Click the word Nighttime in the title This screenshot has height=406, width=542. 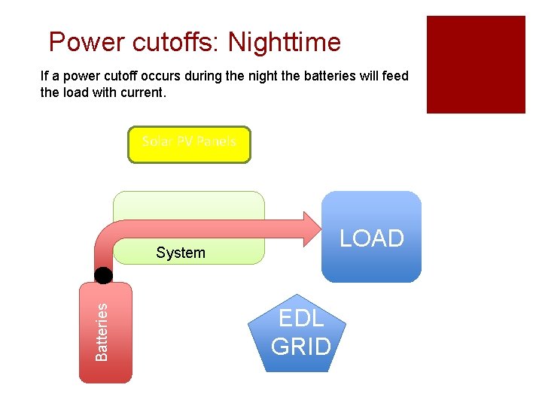pos(284,42)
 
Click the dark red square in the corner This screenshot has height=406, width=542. pos(476,65)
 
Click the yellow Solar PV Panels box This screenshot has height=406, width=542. pos(189,144)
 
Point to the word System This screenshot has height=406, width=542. pos(181,253)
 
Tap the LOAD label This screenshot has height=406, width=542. pos(372,238)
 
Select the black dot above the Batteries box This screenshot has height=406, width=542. pos(104,274)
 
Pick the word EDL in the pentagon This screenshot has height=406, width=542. pos(301,319)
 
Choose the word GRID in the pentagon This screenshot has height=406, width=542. pos(301,347)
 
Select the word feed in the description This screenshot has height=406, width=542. pos(394,76)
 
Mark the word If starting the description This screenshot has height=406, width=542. pos(44,76)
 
